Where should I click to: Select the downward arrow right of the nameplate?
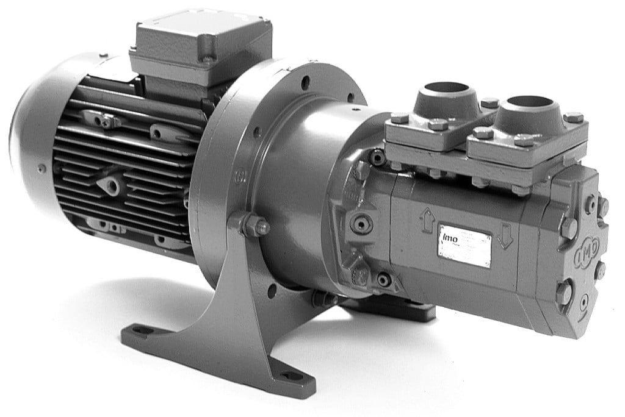(x=505, y=235)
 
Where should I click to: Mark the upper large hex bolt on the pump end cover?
(x=568, y=228)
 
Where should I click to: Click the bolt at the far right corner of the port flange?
(x=573, y=117)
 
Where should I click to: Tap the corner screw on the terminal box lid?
(x=207, y=60)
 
